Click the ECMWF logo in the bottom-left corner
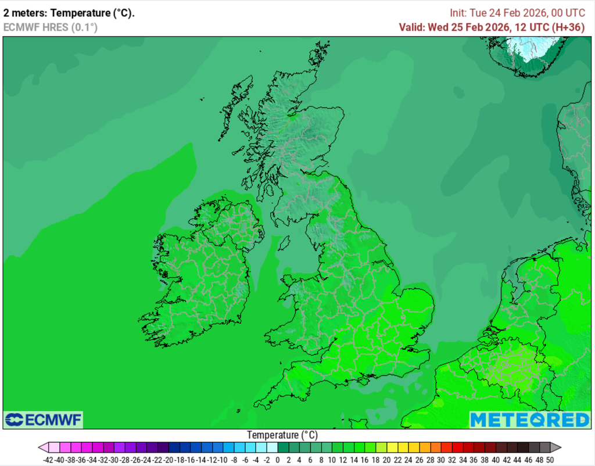44,420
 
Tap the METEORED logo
529,420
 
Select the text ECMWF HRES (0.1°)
51,27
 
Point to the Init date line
517,13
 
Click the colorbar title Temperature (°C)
282,435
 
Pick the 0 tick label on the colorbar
278,460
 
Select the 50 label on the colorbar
549,460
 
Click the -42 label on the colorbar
48,460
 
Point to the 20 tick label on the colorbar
386,460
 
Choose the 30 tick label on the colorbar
441,460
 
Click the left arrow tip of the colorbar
42,447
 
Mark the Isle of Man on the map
284,242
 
